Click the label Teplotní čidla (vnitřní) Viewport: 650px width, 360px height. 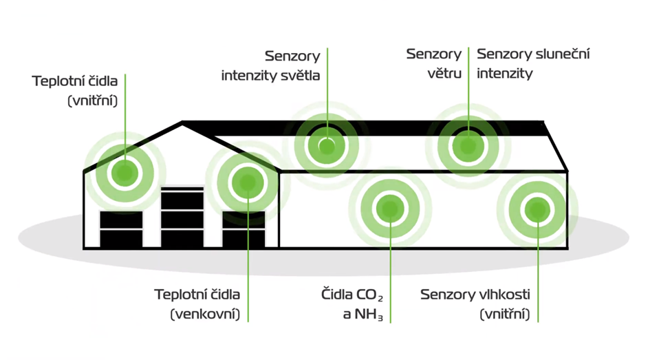tap(75, 90)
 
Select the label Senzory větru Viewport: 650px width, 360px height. tap(433, 63)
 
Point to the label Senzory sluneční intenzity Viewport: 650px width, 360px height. tap(533, 63)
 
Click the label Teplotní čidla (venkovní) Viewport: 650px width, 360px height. tap(197, 304)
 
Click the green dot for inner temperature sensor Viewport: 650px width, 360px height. tap(124, 170)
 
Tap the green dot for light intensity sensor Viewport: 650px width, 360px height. tap(327, 146)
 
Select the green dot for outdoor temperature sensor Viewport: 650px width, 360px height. tap(247, 182)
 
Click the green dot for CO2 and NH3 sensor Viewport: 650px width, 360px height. tap(390, 207)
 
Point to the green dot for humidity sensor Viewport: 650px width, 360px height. tap(537, 208)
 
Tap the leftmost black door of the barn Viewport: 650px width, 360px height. tap(121, 229)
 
